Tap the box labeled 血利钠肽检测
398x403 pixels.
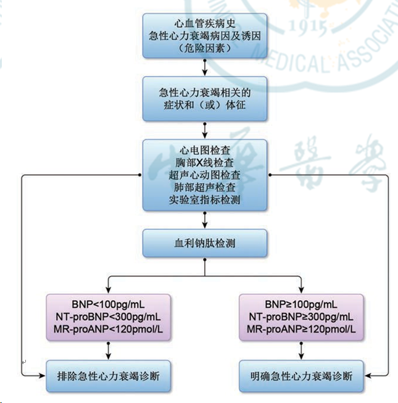click(205, 243)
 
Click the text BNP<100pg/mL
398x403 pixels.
click(109, 305)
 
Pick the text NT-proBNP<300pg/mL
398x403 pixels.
click(109, 317)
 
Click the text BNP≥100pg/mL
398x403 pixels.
click(301, 305)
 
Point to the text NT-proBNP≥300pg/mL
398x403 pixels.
click(301, 317)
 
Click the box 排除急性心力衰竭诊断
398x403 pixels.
click(109, 375)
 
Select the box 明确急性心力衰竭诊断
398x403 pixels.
click(301, 375)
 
